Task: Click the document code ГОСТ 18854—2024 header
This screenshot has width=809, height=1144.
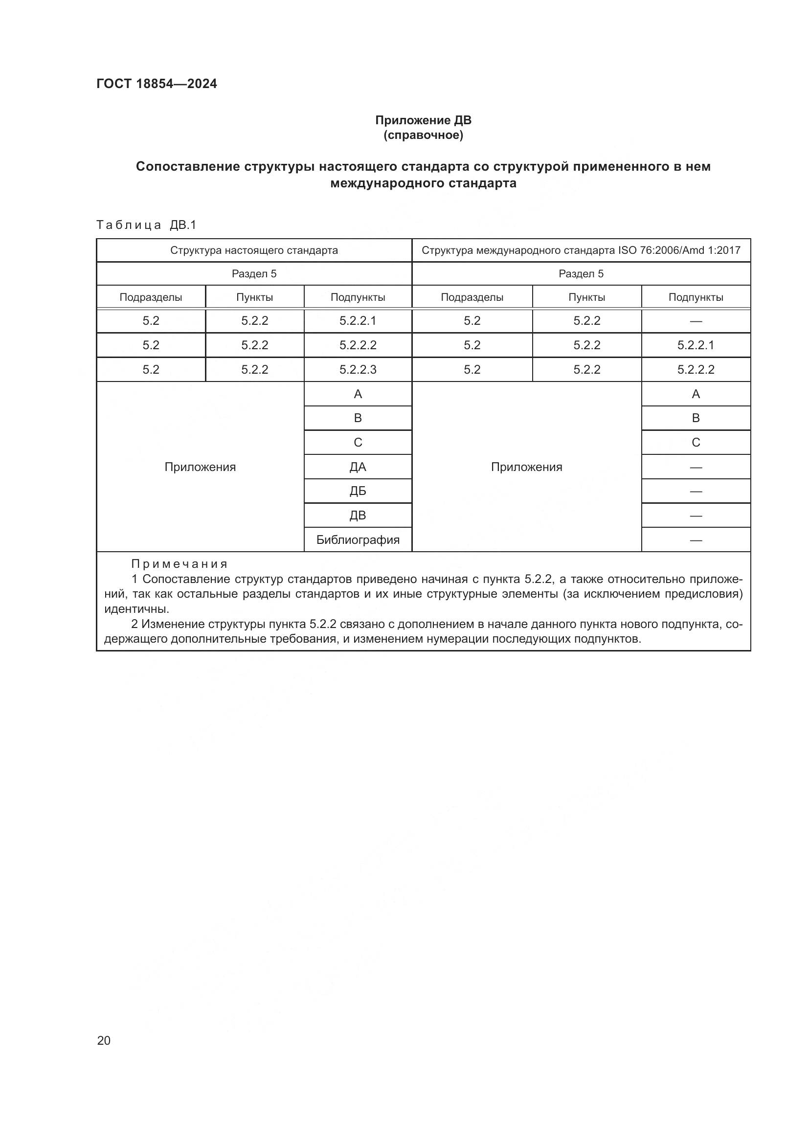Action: pyautogui.click(x=157, y=84)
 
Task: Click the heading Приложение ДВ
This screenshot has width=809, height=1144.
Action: pyautogui.click(x=423, y=120)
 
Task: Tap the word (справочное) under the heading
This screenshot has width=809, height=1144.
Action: pyautogui.click(x=423, y=135)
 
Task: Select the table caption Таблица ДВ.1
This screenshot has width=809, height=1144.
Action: pyautogui.click(x=146, y=225)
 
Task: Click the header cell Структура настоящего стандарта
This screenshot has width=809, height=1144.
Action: pyautogui.click(x=254, y=250)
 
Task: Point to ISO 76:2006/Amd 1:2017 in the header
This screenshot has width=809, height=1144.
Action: pyautogui.click(x=679, y=250)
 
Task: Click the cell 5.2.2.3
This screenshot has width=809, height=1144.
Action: pyautogui.click(x=358, y=369)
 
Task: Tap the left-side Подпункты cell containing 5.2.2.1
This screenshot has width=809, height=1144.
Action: pyautogui.click(x=358, y=320)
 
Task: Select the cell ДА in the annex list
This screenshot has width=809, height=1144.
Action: pyautogui.click(x=358, y=467)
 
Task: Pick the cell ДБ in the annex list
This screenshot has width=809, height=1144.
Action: pyautogui.click(x=358, y=491)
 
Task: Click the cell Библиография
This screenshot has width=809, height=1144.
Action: pyautogui.click(x=358, y=539)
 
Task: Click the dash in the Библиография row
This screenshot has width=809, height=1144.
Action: pyautogui.click(x=696, y=540)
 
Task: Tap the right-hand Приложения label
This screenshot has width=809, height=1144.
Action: pyautogui.click(x=527, y=467)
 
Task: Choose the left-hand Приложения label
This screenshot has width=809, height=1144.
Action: pyautogui.click(x=200, y=467)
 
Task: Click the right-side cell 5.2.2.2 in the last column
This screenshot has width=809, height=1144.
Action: pyautogui.click(x=696, y=369)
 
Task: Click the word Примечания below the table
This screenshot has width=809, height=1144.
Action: pyautogui.click(x=180, y=563)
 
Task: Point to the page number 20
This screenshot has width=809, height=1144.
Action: pyautogui.click(x=104, y=1040)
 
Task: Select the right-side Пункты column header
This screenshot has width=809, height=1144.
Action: pyautogui.click(x=586, y=297)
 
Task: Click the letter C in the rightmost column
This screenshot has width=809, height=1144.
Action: pyautogui.click(x=696, y=443)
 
